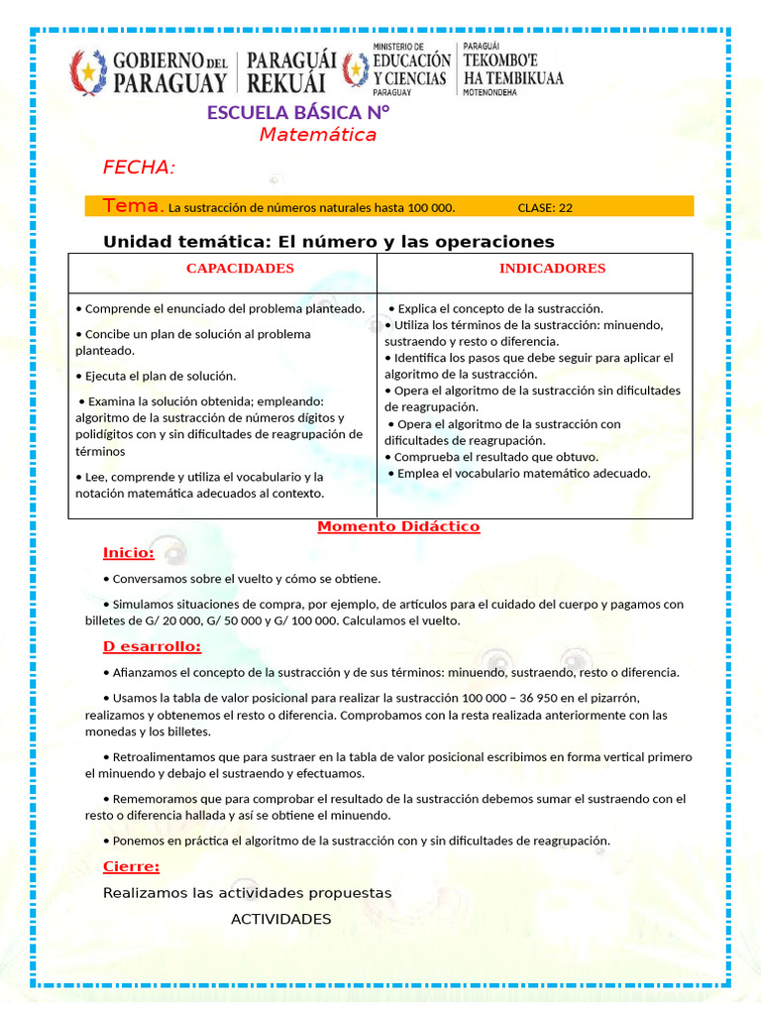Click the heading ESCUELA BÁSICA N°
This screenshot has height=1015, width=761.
298,112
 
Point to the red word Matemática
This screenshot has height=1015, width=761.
318,135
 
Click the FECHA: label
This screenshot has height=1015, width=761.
139,168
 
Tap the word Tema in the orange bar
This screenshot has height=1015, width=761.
132,206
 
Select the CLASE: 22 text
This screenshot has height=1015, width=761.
545,208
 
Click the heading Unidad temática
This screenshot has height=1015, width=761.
328,242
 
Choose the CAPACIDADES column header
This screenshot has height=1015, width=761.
240,269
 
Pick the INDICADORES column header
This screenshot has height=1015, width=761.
552,269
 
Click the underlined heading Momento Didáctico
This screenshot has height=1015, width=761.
398,526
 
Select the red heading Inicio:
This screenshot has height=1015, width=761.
128,552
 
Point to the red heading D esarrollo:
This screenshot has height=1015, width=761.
152,647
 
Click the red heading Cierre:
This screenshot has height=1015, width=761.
131,867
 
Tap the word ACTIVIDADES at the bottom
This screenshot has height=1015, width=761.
280,920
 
